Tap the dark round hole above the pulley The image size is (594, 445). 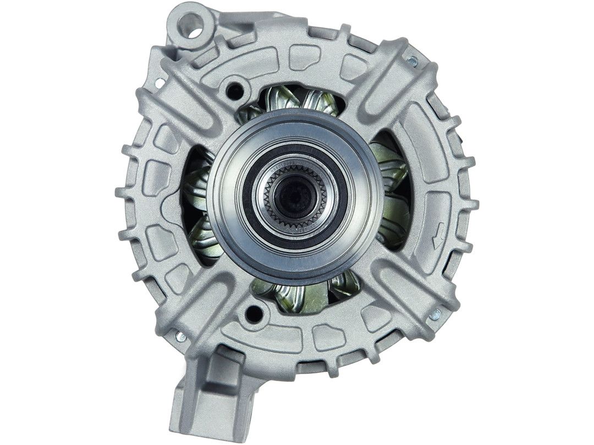(x=235, y=90)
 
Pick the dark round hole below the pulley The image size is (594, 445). (x=254, y=313)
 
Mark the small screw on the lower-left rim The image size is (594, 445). (x=180, y=336)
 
